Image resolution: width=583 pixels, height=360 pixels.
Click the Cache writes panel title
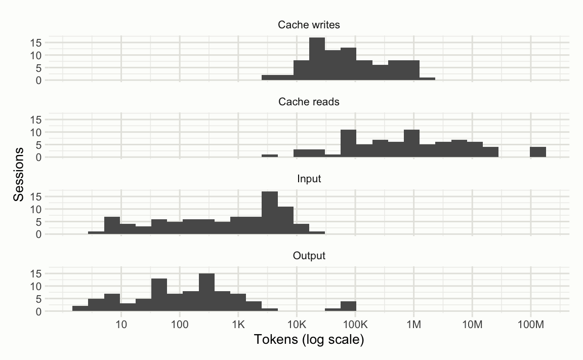[x=309, y=25]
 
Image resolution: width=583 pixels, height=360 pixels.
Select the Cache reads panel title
[x=309, y=102]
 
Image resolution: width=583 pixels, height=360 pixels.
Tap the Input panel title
[x=309, y=179]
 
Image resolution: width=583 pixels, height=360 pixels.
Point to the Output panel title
[x=309, y=256]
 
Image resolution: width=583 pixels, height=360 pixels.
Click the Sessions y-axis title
[x=19, y=174]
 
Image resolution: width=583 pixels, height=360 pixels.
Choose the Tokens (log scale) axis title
[x=309, y=340]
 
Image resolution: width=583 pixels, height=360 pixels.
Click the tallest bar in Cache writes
[x=317, y=59]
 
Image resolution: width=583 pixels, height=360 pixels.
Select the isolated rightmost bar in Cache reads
[x=538, y=152]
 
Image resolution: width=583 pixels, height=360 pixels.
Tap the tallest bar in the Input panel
[x=270, y=213]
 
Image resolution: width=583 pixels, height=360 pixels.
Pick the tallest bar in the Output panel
[x=206, y=292]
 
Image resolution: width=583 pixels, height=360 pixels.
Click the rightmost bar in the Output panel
[x=348, y=306]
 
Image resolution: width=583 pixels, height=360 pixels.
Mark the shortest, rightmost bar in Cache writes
[x=428, y=78]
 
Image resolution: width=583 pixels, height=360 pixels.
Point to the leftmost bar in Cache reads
[x=270, y=155]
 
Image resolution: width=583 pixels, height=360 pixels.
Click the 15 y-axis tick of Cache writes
[x=35, y=43]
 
